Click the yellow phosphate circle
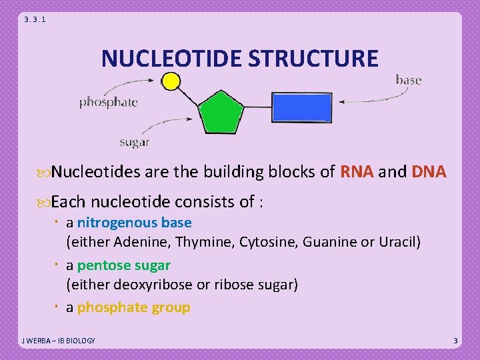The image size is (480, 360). [x=171, y=81]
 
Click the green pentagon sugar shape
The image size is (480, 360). [x=220, y=113]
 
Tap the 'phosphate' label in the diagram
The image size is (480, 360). [x=109, y=102]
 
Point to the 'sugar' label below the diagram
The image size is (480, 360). [x=134, y=141]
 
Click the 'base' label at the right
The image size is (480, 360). [x=409, y=80]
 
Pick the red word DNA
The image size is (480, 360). [x=429, y=172]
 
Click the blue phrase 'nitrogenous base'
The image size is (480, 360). [x=134, y=223]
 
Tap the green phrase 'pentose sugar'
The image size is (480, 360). [x=123, y=265]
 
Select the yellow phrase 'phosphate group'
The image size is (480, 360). [x=133, y=307]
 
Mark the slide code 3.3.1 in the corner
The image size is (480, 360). [x=35, y=20]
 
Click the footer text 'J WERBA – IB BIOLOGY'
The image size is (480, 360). [x=58, y=341]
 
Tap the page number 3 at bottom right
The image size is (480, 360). [x=455, y=341]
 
